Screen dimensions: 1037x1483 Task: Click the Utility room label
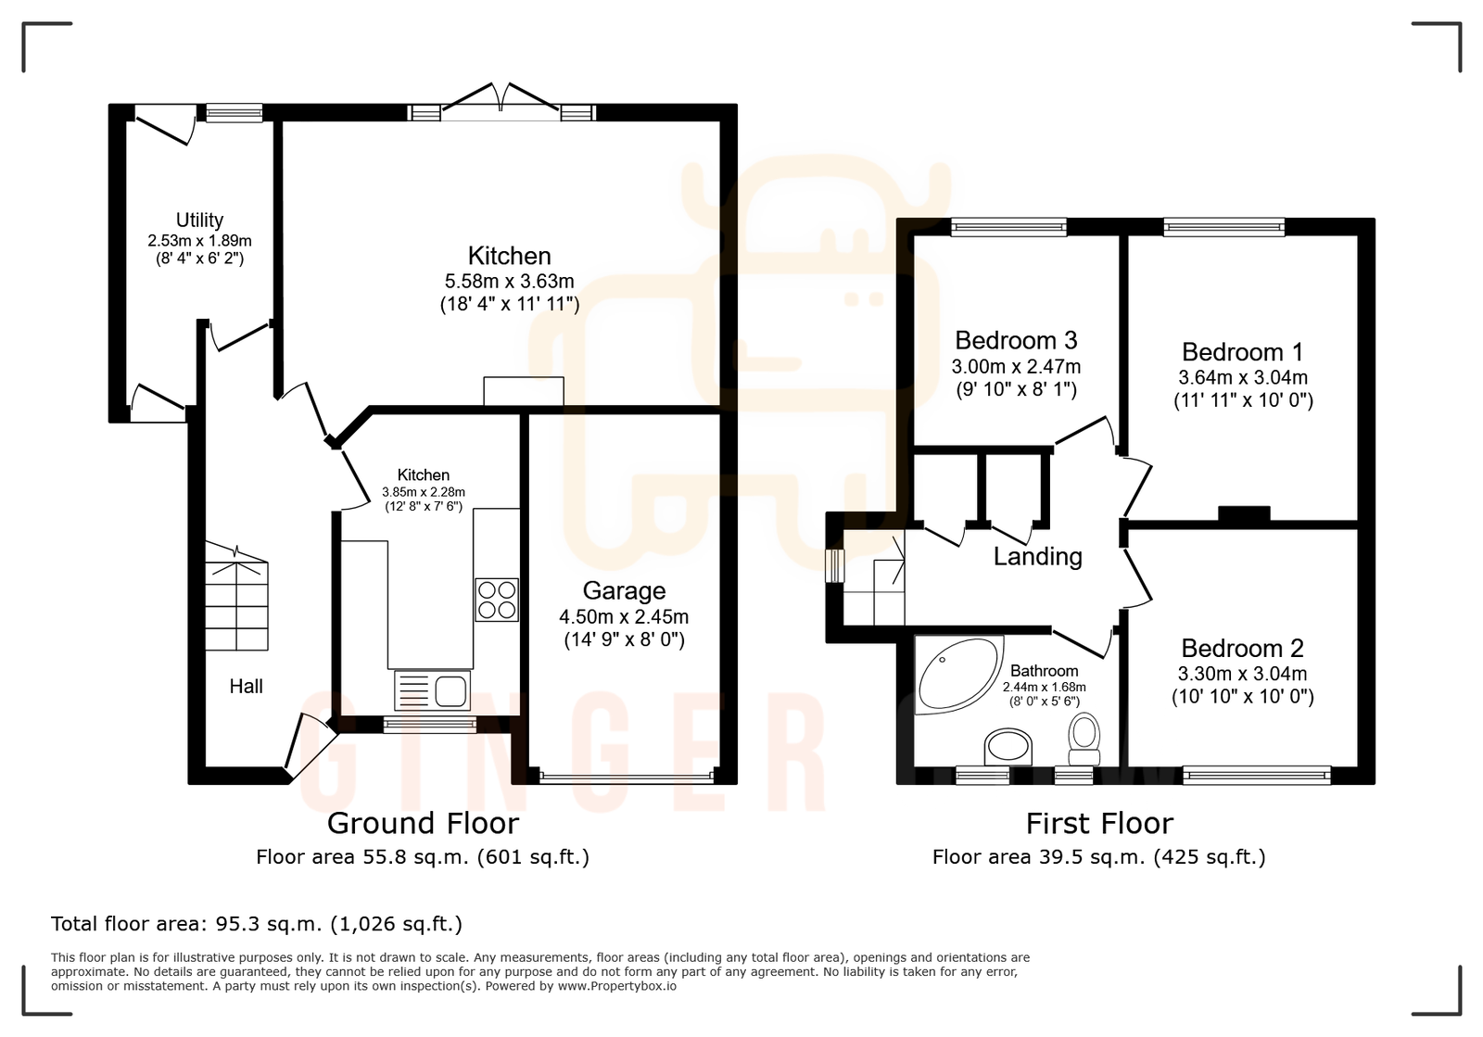[x=199, y=220]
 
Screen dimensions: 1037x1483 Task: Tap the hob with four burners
[x=497, y=600]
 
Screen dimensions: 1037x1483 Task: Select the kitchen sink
[x=433, y=689]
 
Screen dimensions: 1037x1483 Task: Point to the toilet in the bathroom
[x=1084, y=732]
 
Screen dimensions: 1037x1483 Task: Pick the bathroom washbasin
[x=1008, y=744]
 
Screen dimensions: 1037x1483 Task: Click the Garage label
[x=624, y=590]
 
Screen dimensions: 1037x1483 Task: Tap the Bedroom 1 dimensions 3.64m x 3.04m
[x=1242, y=377]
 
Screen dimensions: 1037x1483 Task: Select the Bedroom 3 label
[x=1016, y=340]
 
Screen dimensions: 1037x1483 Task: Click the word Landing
[x=1037, y=556]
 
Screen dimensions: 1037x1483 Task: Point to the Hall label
[x=247, y=686]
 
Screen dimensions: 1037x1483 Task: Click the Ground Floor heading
[x=423, y=823]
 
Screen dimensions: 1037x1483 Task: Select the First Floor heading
[x=1099, y=823]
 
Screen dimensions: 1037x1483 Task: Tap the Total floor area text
[x=256, y=924]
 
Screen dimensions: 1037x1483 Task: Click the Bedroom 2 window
[x=1257, y=775]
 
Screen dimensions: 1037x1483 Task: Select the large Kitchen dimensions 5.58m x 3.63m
[x=509, y=281]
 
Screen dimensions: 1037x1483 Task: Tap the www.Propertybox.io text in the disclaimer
[x=616, y=986]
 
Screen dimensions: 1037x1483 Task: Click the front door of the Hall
[x=310, y=747]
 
